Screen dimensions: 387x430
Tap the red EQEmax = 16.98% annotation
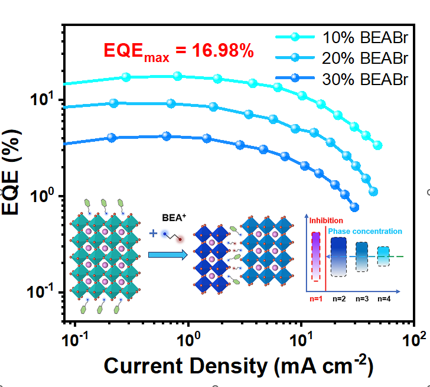(179, 52)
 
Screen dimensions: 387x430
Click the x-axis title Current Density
(238, 366)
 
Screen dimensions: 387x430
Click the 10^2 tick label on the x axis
(413, 340)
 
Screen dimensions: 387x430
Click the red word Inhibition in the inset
(327, 220)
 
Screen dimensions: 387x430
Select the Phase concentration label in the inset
(364, 231)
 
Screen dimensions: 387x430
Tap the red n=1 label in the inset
(316, 298)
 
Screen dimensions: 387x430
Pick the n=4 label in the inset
(384, 298)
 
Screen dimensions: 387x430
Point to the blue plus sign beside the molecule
(154, 233)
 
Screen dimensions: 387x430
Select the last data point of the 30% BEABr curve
(354, 207)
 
